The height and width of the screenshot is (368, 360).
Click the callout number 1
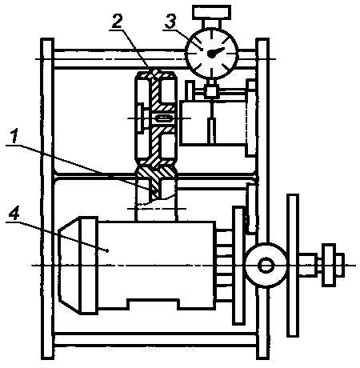[x=14, y=136]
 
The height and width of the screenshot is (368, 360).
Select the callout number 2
[x=118, y=21]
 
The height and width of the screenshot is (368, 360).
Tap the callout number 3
[x=170, y=21]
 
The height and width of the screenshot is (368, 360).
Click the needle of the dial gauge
[x=216, y=52]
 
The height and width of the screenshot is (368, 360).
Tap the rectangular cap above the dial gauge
[x=211, y=13]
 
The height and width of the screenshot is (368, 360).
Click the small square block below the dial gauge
[x=212, y=91]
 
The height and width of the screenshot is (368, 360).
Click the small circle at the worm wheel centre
[x=266, y=266]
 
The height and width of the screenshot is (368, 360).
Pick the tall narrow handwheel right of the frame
[x=293, y=266]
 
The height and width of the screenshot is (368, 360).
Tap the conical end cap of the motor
[x=70, y=266]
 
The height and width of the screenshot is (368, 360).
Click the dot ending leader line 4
[x=107, y=250]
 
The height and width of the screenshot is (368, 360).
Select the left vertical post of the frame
[x=47, y=198]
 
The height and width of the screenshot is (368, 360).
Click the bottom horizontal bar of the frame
[x=155, y=339]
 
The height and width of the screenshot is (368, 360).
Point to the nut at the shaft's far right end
[x=333, y=265]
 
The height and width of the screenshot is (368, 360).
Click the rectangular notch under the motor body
[x=153, y=305]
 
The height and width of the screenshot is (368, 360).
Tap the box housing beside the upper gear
[x=214, y=122]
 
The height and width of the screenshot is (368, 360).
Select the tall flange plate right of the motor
[x=238, y=266]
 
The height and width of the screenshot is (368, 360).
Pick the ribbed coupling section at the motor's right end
[x=224, y=266]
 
